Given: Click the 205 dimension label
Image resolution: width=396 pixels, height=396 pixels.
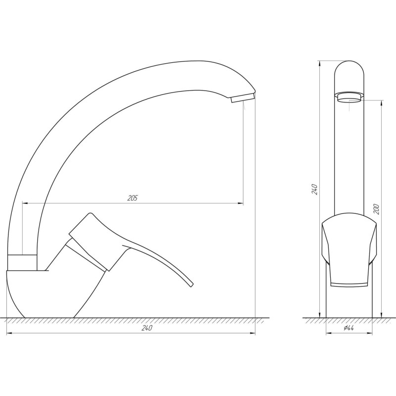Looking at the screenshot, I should [132, 198].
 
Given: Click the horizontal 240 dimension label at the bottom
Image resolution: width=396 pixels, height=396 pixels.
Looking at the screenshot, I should [147, 328].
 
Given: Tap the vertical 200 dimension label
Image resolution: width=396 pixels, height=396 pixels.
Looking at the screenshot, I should [377, 208].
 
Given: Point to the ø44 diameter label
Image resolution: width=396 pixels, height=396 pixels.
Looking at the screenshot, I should [349, 328].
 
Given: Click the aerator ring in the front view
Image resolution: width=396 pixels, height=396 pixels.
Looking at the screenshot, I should [349, 96].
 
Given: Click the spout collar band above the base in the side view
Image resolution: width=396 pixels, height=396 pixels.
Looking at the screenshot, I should [23, 262].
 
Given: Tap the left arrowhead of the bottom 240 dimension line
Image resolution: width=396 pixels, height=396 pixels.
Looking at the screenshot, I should [9, 333].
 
